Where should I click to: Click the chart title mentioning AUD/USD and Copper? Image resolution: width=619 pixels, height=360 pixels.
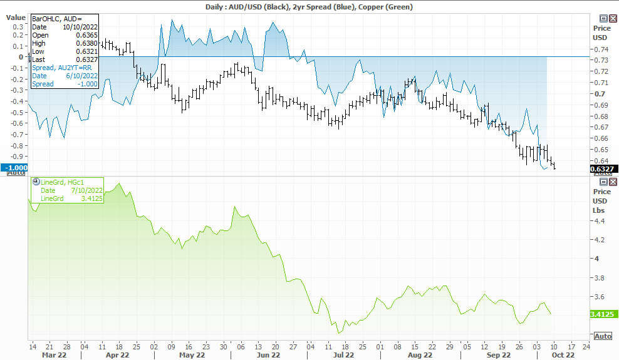309,7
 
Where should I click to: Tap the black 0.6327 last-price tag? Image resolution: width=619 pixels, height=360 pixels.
602,169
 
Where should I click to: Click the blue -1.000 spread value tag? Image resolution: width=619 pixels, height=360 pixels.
14,168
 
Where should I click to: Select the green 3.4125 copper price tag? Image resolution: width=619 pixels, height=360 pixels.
602,314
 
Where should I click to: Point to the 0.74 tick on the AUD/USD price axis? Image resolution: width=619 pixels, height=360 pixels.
601,49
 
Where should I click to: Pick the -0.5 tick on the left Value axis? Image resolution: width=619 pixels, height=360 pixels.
18,112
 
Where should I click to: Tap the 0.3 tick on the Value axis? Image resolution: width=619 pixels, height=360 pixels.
18,27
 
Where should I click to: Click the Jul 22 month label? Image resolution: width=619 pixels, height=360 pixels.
343,355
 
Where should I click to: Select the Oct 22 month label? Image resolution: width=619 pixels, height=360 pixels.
563,355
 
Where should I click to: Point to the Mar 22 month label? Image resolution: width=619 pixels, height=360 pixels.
54,355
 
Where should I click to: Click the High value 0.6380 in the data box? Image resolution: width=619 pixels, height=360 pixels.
87,43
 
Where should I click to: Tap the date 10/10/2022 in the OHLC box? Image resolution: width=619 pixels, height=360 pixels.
80,27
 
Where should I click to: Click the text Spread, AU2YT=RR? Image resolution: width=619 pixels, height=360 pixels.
61,68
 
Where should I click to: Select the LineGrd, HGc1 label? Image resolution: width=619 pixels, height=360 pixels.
63,182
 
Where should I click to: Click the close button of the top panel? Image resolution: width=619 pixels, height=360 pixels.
613,19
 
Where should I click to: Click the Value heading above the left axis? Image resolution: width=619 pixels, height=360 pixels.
16,18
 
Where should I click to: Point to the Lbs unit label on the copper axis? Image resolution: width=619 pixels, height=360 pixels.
598,210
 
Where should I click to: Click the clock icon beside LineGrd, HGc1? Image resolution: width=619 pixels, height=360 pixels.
36,182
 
